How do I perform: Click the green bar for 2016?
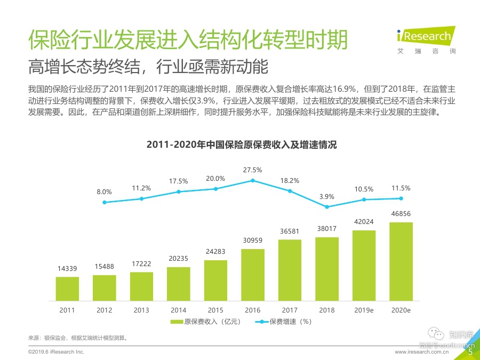[x=253, y=274]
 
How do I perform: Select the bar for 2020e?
[x=401, y=261]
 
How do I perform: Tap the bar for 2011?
[x=67, y=288]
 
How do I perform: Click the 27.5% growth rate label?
[x=253, y=170]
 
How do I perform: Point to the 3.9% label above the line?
[x=327, y=197]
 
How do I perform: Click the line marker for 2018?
[x=327, y=207]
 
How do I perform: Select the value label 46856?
[x=401, y=214]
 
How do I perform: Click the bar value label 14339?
[x=67, y=268]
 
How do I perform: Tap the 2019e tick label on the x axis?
[x=364, y=309]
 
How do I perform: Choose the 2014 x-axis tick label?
[x=179, y=309]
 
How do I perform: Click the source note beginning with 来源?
[x=78, y=338]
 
